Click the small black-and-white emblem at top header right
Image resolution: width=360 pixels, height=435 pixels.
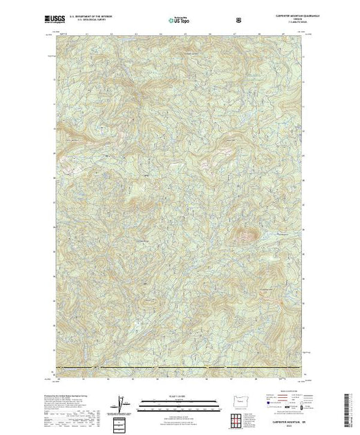point(239,20)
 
